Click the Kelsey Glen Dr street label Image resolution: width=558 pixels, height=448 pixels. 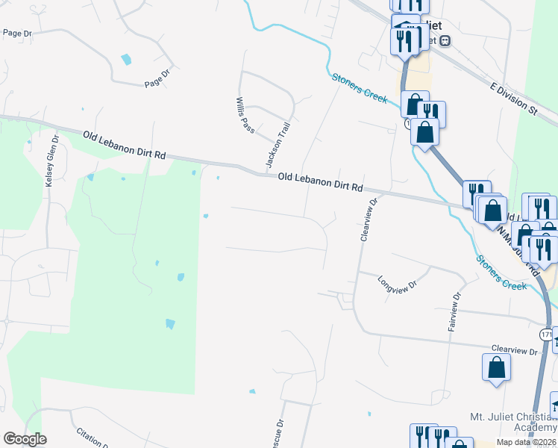point(51,161)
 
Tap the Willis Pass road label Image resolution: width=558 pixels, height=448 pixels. point(244,115)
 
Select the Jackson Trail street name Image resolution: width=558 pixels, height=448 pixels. point(275,144)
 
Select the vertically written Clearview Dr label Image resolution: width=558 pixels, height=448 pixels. point(366,219)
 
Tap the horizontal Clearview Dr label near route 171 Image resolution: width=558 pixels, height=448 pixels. point(515,349)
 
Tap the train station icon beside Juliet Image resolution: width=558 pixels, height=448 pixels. point(445,41)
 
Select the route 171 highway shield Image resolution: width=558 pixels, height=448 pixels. point(547,335)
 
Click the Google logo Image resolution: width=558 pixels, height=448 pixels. point(25,439)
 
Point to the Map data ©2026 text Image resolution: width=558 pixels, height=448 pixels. point(527,441)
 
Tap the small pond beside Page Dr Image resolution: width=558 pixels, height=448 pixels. point(126,59)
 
